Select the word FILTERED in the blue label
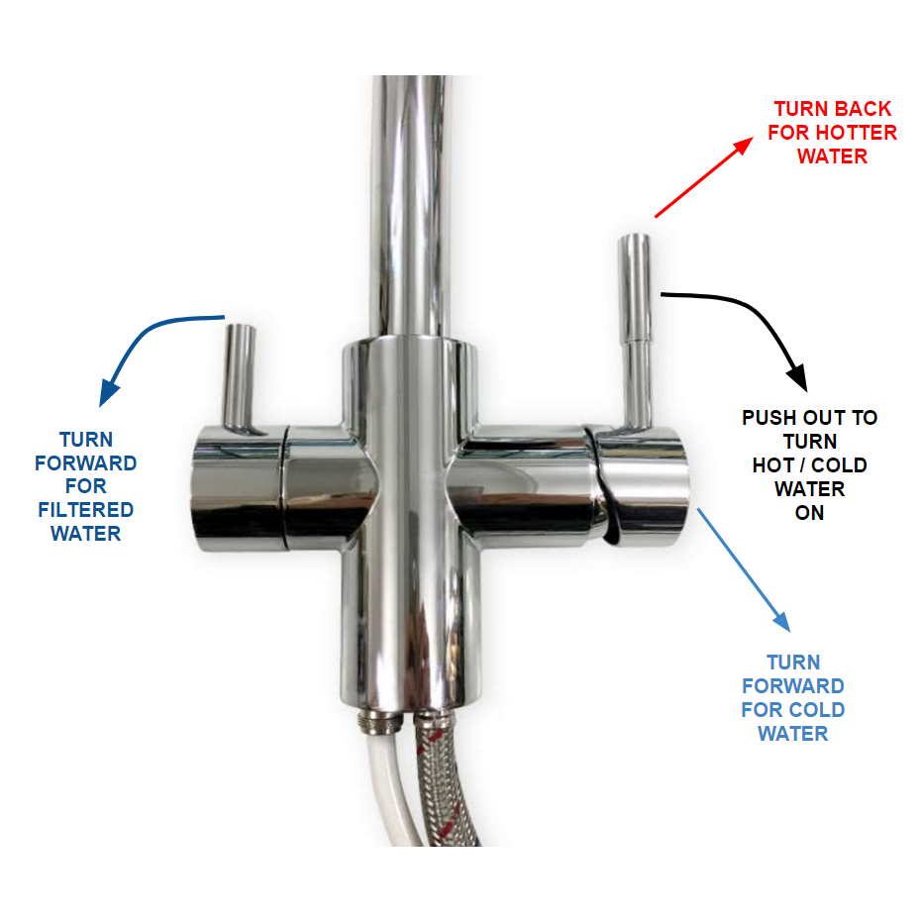(85, 510)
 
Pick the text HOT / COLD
(809, 465)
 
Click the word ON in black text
(808, 513)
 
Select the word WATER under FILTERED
(85, 534)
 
